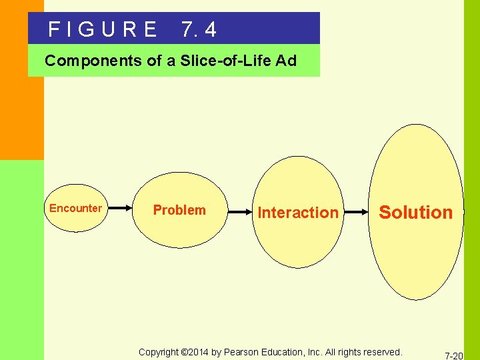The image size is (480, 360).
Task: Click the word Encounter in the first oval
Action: pyautogui.click(x=75, y=208)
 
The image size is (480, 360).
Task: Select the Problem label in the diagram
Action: pyautogui.click(x=179, y=210)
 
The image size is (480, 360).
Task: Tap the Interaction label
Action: pyautogui.click(x=298, y=213)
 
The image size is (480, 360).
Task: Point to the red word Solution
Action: pyautogui.click(x=415, y=213)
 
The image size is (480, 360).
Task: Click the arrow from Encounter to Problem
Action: pyautogui.click(x=121, y=208)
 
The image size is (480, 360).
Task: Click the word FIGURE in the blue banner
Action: pyautogui.click(x=103, y=29)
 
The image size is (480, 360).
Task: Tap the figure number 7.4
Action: pyautogui.click(x=198, y=29)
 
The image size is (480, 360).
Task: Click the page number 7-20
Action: pyautogui.click(x=454, y=356)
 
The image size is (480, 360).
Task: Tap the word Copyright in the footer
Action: pyautogui.click(x=159, y=351)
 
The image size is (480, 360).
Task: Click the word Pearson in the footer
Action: pyautogui.click(x=244, y=351)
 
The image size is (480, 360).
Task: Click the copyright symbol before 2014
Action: pyautogui.click(x=185, y=351)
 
